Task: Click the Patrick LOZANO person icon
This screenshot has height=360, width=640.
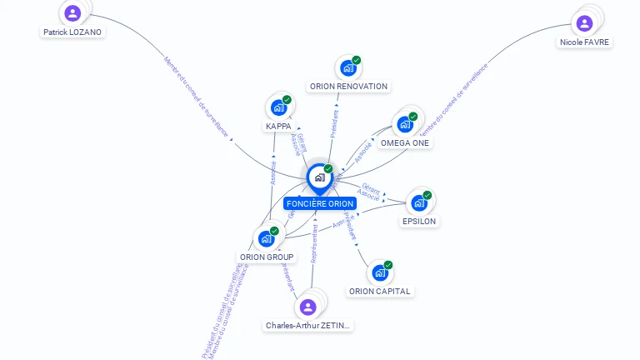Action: tap(72, 12)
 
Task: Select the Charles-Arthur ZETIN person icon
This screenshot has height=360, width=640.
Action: tap(307, 307)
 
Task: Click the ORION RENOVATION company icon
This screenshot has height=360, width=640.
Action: tap(347, 68)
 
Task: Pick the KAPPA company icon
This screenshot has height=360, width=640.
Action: tap(278, 108)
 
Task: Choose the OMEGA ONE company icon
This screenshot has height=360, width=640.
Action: tap(405, 124)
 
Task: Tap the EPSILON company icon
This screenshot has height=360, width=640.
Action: tap(418, 202)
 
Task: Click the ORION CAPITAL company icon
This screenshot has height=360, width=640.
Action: tap(379, 272)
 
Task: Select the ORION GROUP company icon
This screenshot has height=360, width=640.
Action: tap(266, 238)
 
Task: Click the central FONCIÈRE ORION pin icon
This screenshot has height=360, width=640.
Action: tap(319, 177)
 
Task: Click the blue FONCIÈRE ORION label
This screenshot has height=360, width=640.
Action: tap(320, 203)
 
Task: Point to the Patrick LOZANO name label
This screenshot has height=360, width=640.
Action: tap(72, 32)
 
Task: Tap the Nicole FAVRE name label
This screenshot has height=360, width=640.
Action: tap(584, 42)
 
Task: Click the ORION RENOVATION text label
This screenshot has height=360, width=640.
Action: tap(348, 86)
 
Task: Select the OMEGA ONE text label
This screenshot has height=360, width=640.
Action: tap(405, 142)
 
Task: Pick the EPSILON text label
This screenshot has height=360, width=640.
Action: tap(419, 222)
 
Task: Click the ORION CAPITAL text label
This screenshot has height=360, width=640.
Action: tap(380, 291)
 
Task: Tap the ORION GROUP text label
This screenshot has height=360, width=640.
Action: tap(267, 257)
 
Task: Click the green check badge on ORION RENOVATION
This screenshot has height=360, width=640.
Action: tap(357, 60)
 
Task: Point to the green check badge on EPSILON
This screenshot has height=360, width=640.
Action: tap(427, 195)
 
